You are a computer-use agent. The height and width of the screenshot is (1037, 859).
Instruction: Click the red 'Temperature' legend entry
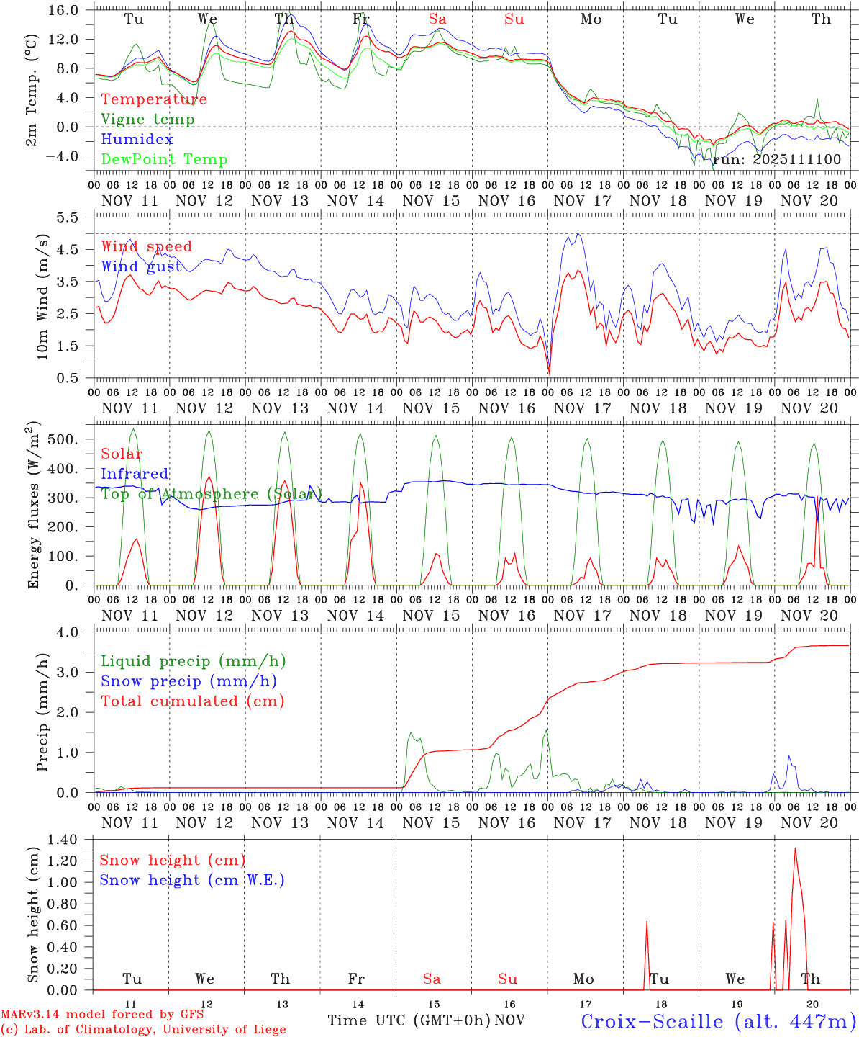[153, 99]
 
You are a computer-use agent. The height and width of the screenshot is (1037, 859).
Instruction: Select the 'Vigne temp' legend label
[147, 120]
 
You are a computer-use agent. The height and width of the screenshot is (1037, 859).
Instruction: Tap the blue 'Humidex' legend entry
[137, 140]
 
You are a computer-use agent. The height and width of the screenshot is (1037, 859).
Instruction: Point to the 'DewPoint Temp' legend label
[164, 160]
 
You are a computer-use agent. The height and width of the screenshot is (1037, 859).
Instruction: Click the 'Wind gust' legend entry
[141, 266]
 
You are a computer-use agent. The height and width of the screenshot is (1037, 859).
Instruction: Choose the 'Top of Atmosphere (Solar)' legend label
[211, 494]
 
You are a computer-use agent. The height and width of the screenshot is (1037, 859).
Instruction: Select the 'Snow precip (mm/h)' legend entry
[188, 681]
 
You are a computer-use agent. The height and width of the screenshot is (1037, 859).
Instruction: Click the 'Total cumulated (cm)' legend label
[192, 701]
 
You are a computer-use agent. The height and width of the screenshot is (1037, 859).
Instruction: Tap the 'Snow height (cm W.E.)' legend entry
[191, 880]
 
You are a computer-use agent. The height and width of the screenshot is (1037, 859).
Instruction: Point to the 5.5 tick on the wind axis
[76, 217]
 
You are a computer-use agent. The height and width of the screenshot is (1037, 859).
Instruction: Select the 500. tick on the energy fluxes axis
[72, 439]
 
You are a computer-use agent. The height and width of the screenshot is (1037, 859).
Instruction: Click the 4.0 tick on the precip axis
[76, 632]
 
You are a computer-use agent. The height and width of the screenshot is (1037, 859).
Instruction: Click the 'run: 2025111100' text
[776, 159]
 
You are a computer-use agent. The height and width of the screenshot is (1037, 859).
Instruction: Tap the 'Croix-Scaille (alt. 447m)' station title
[718, 1021]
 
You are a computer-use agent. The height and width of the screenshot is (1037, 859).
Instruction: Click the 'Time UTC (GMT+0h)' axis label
[409, 1020]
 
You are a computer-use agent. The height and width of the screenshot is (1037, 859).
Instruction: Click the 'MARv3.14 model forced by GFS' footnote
[101, 1015]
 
